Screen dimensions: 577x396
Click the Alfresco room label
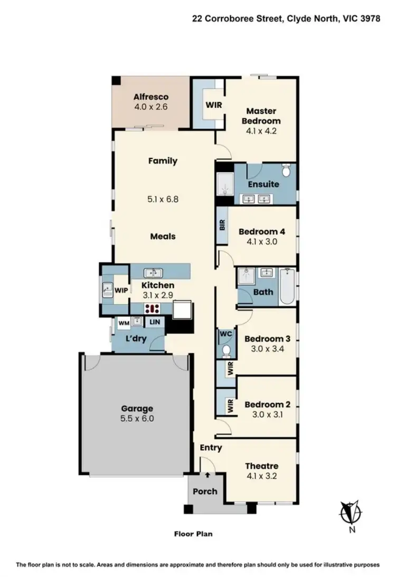click(x=150, y=97)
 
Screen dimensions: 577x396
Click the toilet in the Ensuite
click(x=286, y=171)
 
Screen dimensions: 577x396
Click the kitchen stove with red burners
click(x=154, y=309)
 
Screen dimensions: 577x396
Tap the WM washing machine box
click(x=124, y=322)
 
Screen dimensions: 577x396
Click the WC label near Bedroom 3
click(x=224, y=334)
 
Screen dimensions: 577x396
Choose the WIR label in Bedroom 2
click(x=230, y=406)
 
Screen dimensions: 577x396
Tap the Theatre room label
click(x=261, y=466)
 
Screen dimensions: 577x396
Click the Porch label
click(x=205, y=491)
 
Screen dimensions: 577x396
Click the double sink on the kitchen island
click(x=153, y=273)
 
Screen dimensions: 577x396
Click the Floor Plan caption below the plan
click(x=193, y=534)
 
